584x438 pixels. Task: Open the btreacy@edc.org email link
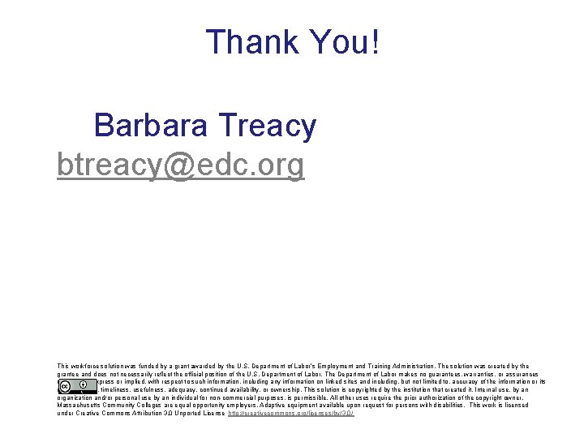click(181, 165)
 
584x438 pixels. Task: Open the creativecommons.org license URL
click(291, 414)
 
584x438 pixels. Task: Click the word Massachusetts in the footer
click(79, 406)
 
